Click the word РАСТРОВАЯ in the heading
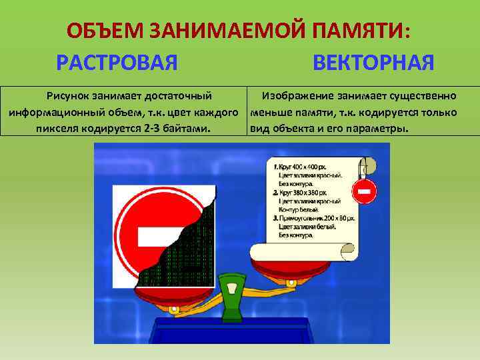click(117, 63)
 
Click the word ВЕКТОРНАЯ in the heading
click(373, 63)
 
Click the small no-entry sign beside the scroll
click(365, 192)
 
